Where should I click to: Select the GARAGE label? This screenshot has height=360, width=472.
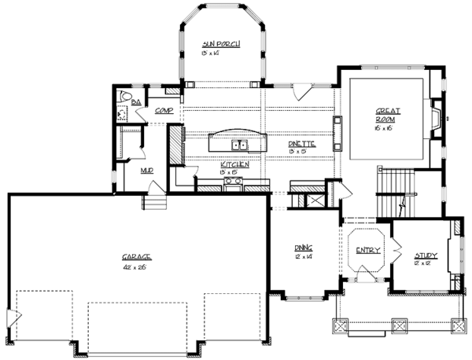pyautogui.click(x=136, y=258)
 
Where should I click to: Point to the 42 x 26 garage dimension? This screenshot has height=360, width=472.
pyautogui.click(x=136, y=267)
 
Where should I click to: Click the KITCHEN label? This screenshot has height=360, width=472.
pyautogui.click(x=235, y=164)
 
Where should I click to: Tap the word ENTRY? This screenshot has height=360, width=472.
pyautogui.click(x=367, y=251)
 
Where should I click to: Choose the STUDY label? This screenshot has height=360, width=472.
pyautogui.click(x=426, y=255)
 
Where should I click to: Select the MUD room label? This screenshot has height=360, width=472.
pyautogui.click(x=146, y=169)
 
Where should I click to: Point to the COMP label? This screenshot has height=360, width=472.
pyautogui.click(x=164, y=111)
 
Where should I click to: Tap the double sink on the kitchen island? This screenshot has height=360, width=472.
pyautogui.click(x=239, y=145)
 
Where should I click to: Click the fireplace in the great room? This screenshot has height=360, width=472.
pyautogui.click(x=434, y=119)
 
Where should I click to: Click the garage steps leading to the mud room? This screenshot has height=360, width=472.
pyautogui.click(x=154, y=203)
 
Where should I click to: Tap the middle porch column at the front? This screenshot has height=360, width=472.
pyautogui.click(x=398, y=325)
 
